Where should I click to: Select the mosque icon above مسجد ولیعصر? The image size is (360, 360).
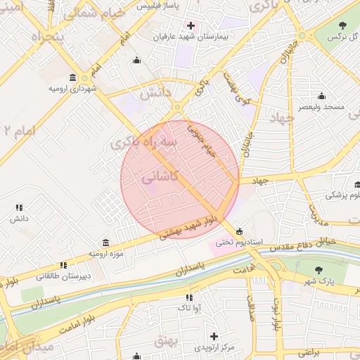pyautogui.click(x=322, y=96)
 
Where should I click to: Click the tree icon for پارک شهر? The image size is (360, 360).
pyautogui.click(x=319, y=270)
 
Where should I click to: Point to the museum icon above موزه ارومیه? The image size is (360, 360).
pyautogui.click(x=105, y=242)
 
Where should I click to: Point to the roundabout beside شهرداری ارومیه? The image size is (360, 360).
pyautogui.click(x=84, y=77)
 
